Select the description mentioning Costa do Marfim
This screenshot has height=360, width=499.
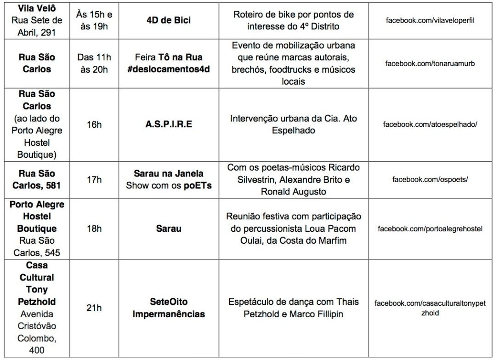click(x=294, y=229)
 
